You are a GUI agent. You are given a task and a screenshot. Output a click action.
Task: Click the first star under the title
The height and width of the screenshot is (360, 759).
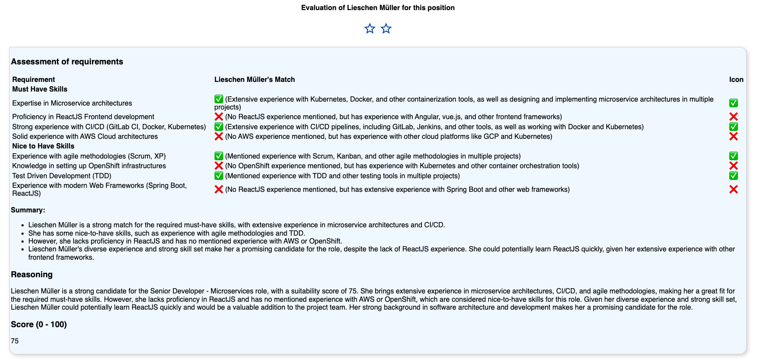tap(370, 29)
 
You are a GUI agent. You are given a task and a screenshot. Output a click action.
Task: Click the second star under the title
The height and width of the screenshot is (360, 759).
tap(386, 29)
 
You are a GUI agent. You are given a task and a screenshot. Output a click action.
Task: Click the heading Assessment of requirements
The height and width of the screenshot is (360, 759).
tap(67, 62)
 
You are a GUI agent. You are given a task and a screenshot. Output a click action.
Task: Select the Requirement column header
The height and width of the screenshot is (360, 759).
tap(34, 79)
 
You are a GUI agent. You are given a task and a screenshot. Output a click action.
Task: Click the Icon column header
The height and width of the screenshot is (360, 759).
tap(736, 79)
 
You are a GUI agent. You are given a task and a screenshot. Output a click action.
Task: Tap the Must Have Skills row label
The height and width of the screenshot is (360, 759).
tap(40, 89)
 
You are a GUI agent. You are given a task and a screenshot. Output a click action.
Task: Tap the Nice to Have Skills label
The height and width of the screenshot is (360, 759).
tap(43, 146)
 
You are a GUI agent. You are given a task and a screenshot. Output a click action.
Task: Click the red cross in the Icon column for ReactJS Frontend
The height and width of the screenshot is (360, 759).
tap(734, 117)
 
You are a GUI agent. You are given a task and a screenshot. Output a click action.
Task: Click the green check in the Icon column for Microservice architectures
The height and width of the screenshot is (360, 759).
tap(734, 103)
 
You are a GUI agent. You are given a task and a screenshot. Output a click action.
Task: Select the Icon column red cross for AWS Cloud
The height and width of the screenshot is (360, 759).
tap(734, 137)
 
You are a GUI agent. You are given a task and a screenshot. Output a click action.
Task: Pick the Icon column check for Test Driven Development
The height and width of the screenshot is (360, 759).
tap(734, 176)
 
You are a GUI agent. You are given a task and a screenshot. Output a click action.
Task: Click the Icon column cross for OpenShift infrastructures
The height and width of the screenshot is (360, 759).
tap(734, 166)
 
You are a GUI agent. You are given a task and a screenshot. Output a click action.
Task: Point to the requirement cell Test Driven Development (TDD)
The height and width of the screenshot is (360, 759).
tap(62, 176)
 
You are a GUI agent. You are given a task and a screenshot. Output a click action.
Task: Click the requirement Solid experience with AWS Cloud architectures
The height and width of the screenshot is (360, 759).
tap(85, 137)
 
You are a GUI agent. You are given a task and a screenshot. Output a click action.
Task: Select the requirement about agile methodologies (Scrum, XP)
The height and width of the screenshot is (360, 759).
tap(89, 156)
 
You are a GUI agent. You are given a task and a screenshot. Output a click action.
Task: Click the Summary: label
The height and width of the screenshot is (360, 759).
tap(28, 210)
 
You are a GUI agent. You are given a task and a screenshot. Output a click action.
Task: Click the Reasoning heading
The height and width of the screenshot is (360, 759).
tap(32, 275)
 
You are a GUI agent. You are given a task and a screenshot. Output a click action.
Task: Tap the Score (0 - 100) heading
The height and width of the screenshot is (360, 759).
tap(39, 325)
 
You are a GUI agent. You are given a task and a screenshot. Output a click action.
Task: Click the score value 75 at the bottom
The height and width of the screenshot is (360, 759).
tap(15, 341)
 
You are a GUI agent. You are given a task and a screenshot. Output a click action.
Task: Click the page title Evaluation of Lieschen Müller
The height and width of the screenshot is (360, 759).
tap(378, 8)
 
